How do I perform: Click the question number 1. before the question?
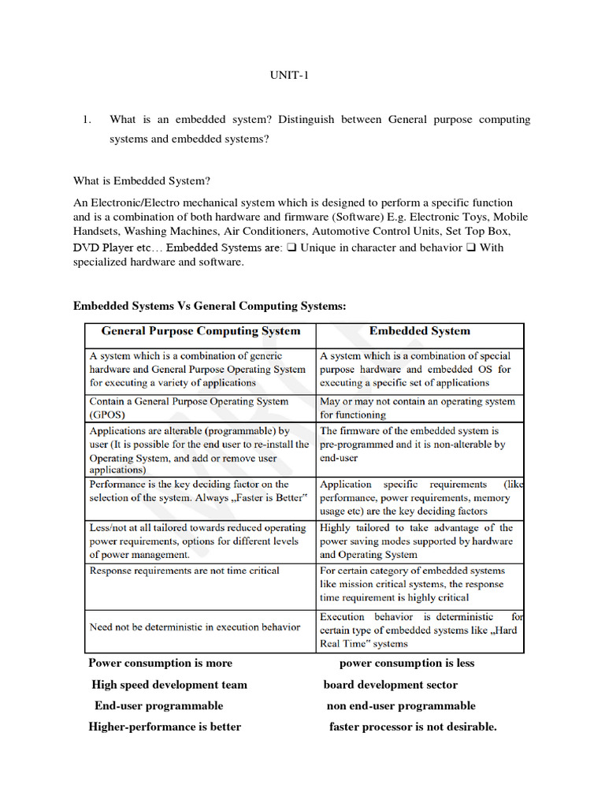coord(87,120)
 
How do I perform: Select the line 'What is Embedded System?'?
coord(142,181)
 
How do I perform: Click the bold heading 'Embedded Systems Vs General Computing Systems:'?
coord(210,306)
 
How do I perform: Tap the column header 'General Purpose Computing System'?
coord(201,331)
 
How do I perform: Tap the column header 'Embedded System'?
coord(419,331)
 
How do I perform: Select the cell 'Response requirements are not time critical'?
coord(184,571)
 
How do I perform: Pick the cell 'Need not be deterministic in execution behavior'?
coord(195,627)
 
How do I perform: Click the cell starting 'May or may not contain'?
coord(417,407)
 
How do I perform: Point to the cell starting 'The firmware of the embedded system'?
coord(412,444)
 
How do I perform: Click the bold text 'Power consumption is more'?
coord(160,663)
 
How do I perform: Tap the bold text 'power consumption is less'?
coord(406,663)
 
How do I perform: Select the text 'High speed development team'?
coord(169,685)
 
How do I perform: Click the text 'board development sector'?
coord(390,685)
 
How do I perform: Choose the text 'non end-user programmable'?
coord(401,705)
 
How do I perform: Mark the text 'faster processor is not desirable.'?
coord(413,727)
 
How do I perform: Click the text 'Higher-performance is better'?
coord(165,727)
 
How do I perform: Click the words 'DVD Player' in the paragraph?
coord(100,247)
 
